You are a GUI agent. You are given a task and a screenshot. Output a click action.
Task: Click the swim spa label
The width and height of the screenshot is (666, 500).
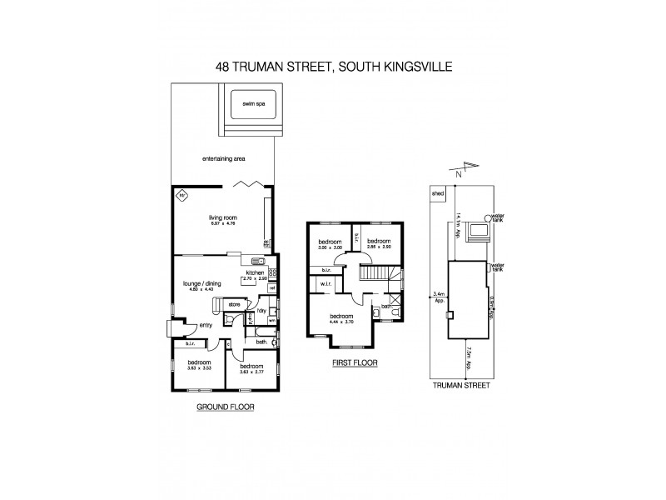[x=253, y=104]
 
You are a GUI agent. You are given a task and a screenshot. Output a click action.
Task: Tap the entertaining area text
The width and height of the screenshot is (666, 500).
[x=225, y=158]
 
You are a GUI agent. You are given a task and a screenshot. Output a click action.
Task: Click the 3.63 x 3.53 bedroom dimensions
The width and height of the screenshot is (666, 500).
[x=199, y=367]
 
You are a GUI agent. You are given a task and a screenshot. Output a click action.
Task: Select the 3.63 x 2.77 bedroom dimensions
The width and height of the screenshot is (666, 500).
[x=252, y=371]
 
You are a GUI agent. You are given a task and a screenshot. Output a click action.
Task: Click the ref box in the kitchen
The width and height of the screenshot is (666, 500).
[x=271, y=288]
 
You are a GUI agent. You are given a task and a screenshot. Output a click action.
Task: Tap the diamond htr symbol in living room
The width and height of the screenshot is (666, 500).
[x=181, y=197]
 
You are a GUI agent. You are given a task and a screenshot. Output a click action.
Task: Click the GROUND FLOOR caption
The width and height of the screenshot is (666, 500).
[x=224, y=407]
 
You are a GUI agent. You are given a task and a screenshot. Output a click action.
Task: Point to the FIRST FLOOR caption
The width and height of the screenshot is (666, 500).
[x=355, y=363]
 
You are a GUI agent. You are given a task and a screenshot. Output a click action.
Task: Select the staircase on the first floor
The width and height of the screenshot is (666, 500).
[x=377, y=272]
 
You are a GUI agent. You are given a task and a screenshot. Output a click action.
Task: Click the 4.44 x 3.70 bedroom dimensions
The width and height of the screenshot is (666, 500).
[x=341, y=321]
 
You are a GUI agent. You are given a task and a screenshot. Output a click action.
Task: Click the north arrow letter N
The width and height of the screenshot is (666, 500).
[x=457, y=174]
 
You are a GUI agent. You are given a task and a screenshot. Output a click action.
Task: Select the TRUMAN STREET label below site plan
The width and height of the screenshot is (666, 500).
[x=459, y=386]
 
